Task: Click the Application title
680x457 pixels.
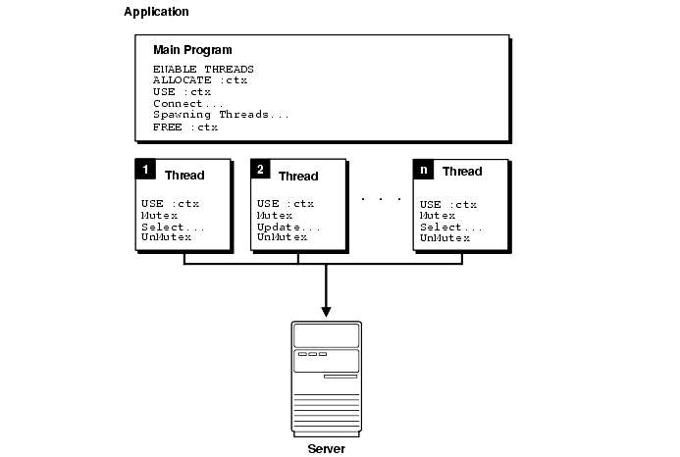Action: coord(157,12)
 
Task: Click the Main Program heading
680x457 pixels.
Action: coord(193,50)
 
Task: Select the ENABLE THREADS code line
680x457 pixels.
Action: coord(203,69)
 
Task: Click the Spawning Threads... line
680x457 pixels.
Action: coord(221,116)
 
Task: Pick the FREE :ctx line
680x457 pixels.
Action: coord(184,127)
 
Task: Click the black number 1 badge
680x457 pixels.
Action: coord(145,170)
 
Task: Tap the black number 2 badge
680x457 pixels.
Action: coord(261,170)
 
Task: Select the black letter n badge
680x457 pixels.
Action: coord(424,170)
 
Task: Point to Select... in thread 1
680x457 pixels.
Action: coord(172,227)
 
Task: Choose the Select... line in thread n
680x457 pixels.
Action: coord(451,227)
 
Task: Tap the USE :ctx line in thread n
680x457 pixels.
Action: coord(448,204)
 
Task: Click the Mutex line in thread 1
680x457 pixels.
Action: coord(157,216)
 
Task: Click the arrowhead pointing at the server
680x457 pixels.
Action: coord(327,311)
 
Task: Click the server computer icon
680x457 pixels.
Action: coord(327,378)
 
